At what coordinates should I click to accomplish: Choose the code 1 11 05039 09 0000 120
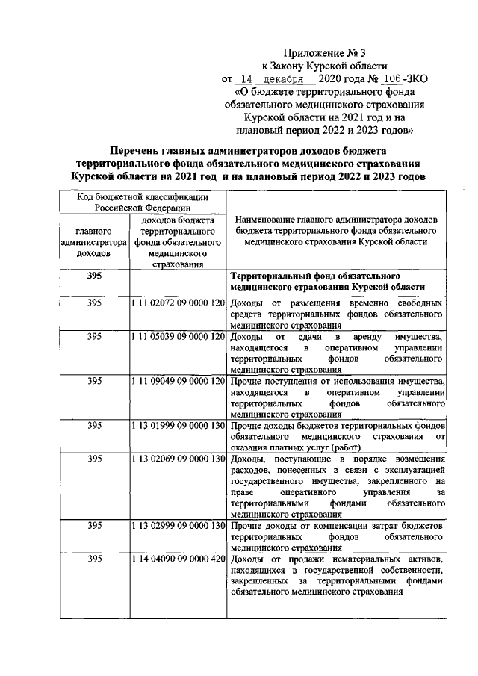(x=177, y=337)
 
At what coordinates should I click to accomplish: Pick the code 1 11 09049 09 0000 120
(x=177, y=381)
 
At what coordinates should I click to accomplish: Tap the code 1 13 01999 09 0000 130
(x=177, y=425)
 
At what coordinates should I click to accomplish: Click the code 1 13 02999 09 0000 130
(x=177, y=526)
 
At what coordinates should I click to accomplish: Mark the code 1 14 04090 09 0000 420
(x=177, y=559)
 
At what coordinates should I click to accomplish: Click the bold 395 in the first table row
(x=94, y=276)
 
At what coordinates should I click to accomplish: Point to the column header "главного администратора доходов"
(x=94, y=242)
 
